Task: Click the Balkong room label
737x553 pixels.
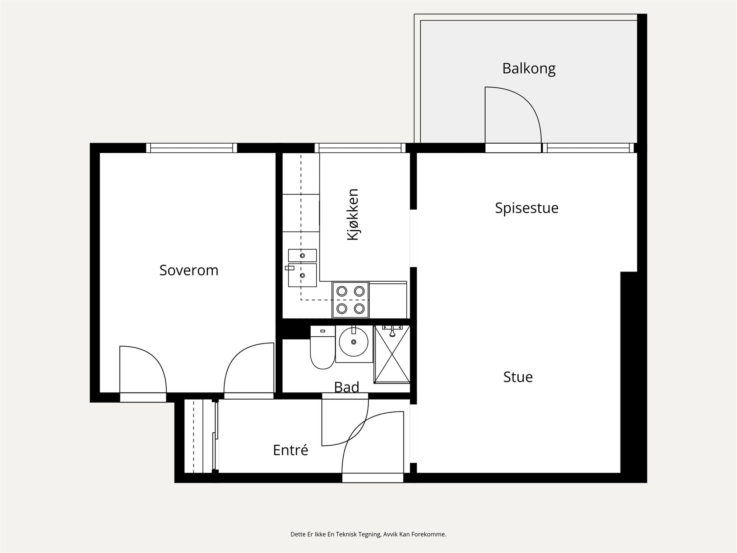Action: pos(529,68)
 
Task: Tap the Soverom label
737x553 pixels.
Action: pos(189,270)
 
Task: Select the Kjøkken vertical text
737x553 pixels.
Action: pos(353,214)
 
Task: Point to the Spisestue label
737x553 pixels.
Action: pos(526,208)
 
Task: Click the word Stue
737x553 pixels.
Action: pos(518,377)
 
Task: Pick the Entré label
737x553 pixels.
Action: pos(290,450)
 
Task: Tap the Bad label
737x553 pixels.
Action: pos(347,387)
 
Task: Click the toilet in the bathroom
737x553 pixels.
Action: pos(322,347)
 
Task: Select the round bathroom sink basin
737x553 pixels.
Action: pos(354,342)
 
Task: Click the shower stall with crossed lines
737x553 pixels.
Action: pos(392,354)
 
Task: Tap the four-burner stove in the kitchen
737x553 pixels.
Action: pos(351,300)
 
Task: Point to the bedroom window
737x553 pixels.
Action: pos(191,148)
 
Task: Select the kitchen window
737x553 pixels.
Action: pos(360,148)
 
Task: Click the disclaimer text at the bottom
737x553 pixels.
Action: pos(368,534)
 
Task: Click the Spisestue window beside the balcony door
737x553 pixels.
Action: pos(588,148)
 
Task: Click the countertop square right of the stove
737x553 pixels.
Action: pos(388,300)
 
